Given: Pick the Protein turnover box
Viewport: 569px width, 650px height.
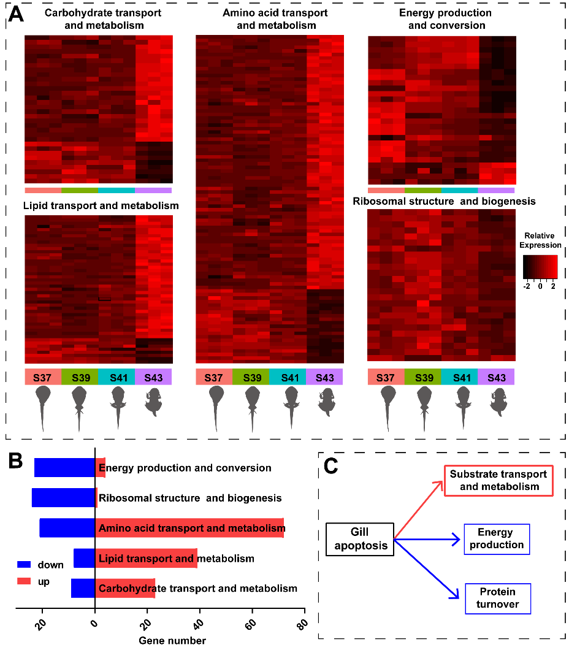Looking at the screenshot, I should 498,598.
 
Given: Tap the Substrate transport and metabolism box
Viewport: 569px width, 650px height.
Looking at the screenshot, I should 498,481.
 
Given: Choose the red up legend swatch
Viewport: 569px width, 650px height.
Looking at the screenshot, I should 25,581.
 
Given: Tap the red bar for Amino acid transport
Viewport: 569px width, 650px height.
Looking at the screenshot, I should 189,528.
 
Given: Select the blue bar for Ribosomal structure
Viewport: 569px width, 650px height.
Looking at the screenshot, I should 63,498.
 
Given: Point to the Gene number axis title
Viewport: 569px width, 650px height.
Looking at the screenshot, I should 172,641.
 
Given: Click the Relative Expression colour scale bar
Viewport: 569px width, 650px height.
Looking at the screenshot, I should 540,267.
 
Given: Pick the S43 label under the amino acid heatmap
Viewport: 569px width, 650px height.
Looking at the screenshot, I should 325,377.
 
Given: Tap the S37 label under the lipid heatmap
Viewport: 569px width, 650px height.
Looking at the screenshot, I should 43,377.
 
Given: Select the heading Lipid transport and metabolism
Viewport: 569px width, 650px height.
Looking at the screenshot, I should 101,206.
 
